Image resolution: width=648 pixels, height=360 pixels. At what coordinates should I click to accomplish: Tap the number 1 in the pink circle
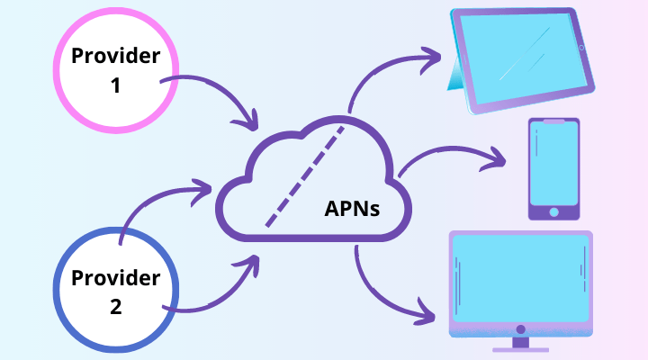[x=117, y=89]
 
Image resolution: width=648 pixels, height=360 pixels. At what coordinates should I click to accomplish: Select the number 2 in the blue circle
[x=115, y=307]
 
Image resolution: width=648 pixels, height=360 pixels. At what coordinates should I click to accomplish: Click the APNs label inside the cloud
[x=352, y=209]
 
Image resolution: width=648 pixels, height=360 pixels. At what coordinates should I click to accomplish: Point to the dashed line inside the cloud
[x=305, y=176]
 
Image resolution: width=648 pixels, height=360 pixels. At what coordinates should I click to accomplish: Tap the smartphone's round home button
[x=553, y=212]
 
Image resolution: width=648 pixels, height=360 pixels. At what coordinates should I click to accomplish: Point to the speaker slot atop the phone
[x=553, y=121]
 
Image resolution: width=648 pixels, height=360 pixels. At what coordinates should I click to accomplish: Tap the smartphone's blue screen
[x=553, y=166]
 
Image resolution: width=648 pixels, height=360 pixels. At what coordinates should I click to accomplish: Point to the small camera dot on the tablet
[x=580, y=47]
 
